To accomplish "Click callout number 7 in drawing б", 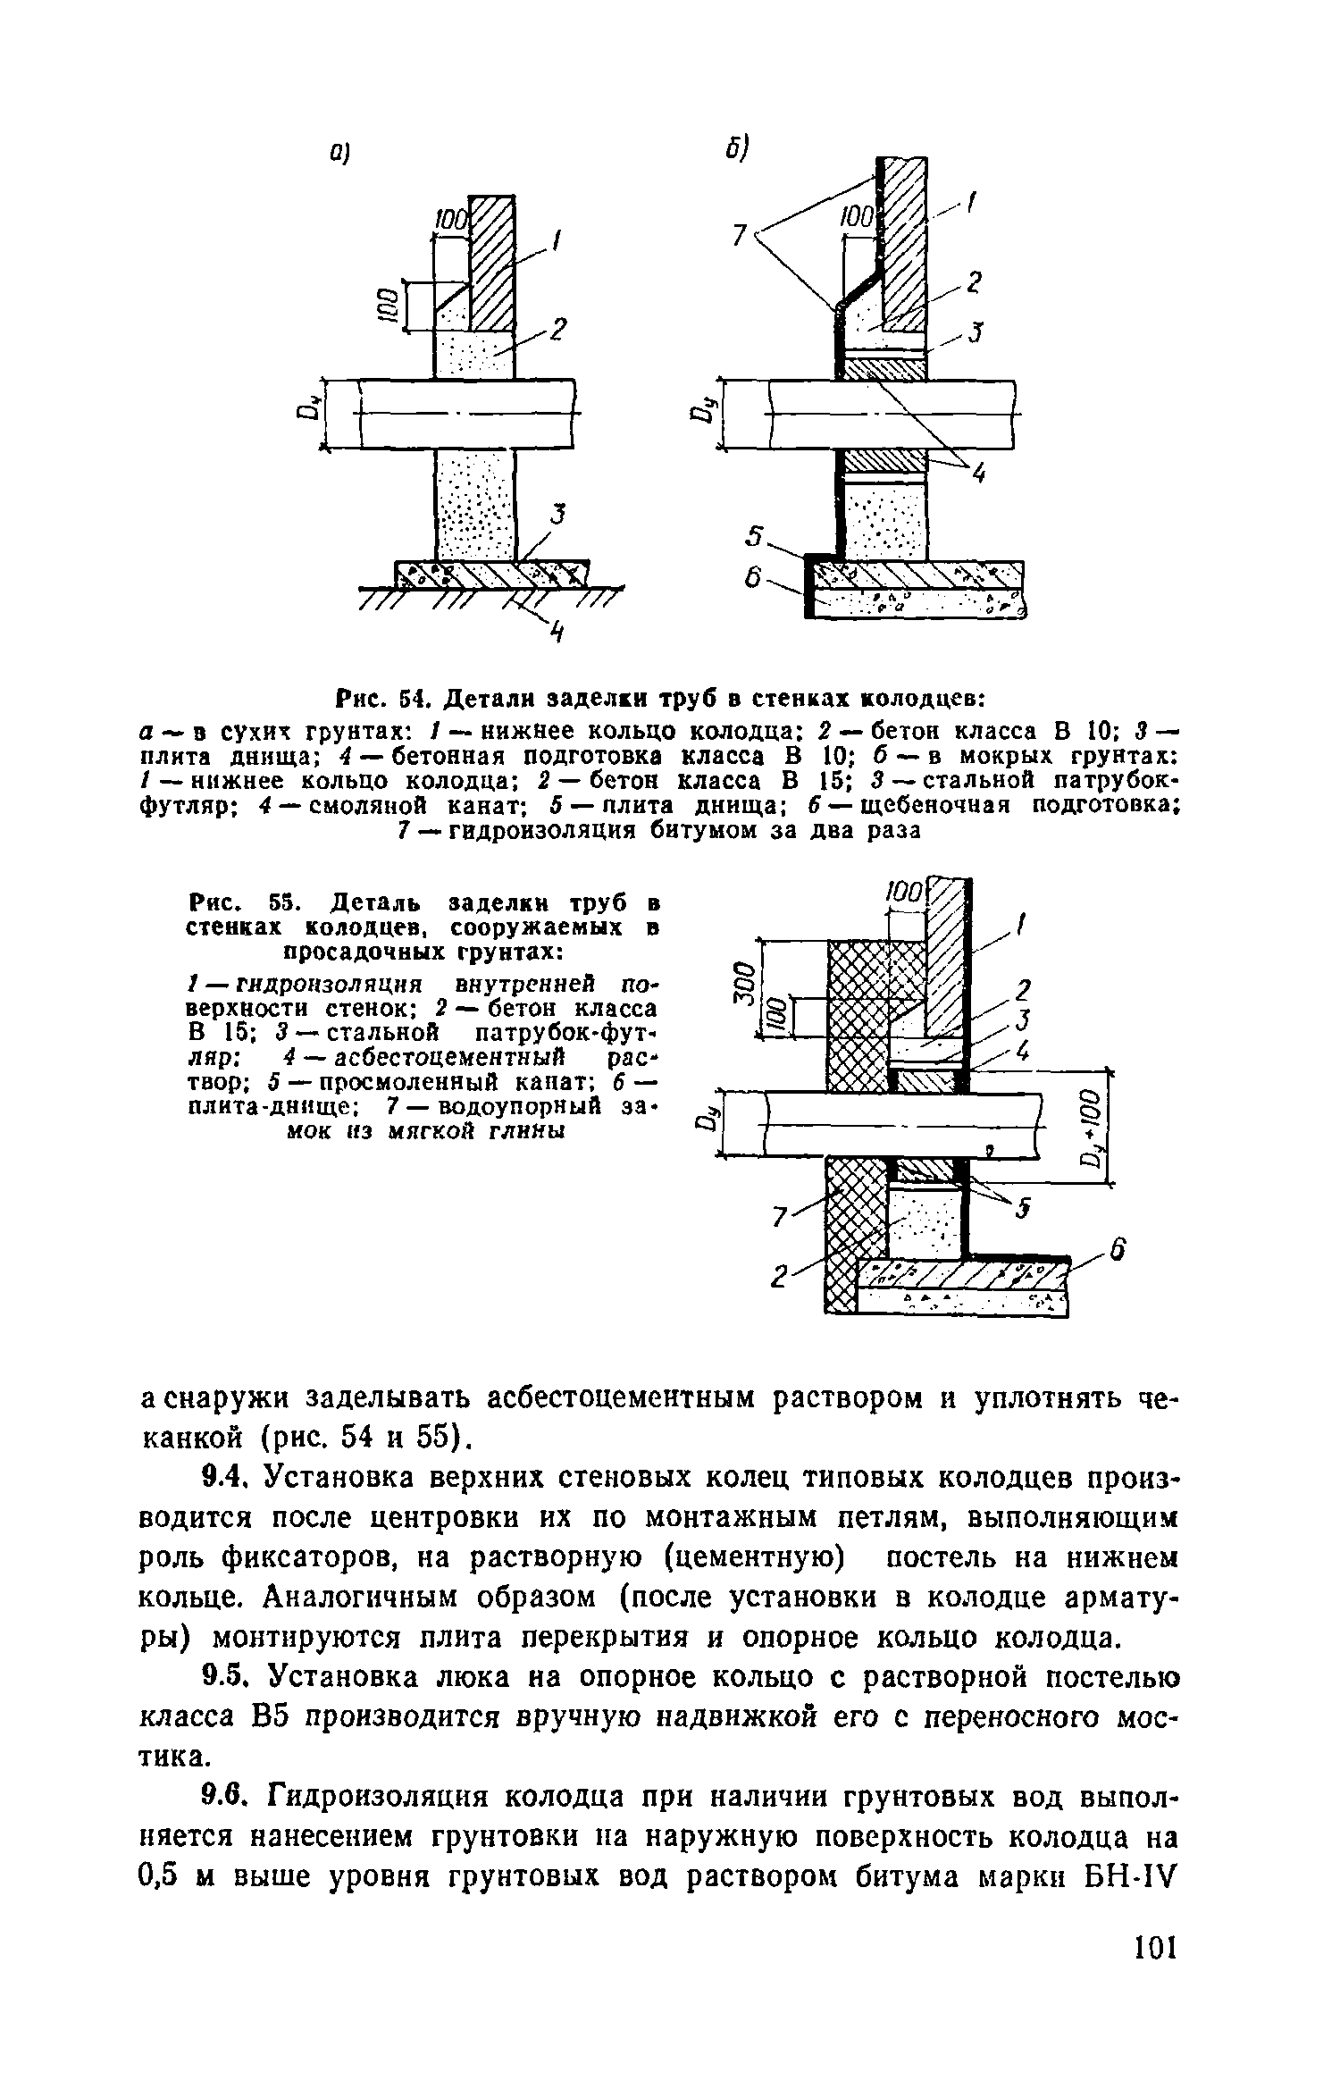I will click(x=738, y=235).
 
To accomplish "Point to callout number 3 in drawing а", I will click(x=560, y=516).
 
